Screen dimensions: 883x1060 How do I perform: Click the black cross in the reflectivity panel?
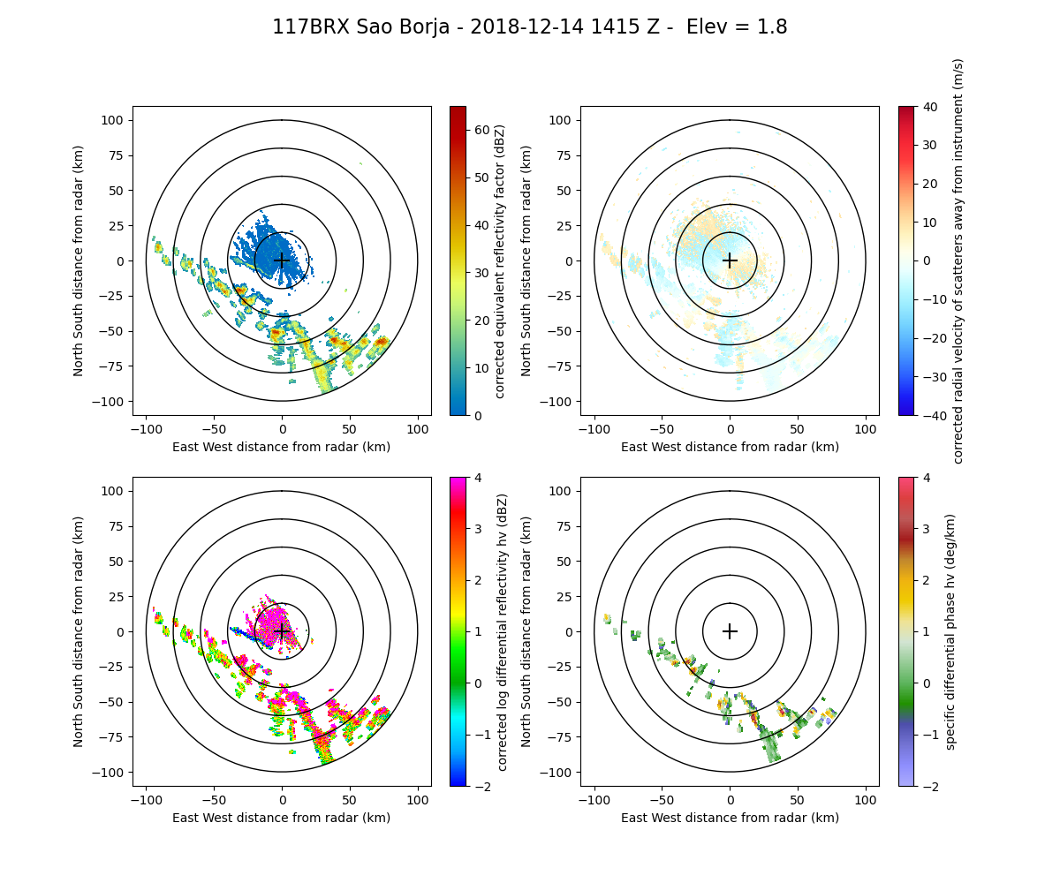point(282,260)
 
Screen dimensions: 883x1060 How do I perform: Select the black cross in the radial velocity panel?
point(730,260)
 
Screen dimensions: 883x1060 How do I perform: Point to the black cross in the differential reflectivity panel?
point(282,631)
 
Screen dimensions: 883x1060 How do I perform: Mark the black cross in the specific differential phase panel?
point(730,631)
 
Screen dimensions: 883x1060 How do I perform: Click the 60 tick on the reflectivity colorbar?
point(481,130)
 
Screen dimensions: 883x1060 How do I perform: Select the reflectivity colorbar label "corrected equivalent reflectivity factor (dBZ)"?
point(499,260)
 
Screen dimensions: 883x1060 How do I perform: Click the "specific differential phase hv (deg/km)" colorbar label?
point(950,631)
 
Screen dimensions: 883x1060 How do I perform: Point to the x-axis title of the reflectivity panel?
point(282,447)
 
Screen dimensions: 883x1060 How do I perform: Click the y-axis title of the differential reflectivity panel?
point(79,631)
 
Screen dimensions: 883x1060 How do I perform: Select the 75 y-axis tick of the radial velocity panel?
point(564,155)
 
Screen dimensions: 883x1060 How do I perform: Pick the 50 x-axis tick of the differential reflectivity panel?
point(350,800)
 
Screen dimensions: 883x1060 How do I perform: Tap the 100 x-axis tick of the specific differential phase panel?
point(866,800)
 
